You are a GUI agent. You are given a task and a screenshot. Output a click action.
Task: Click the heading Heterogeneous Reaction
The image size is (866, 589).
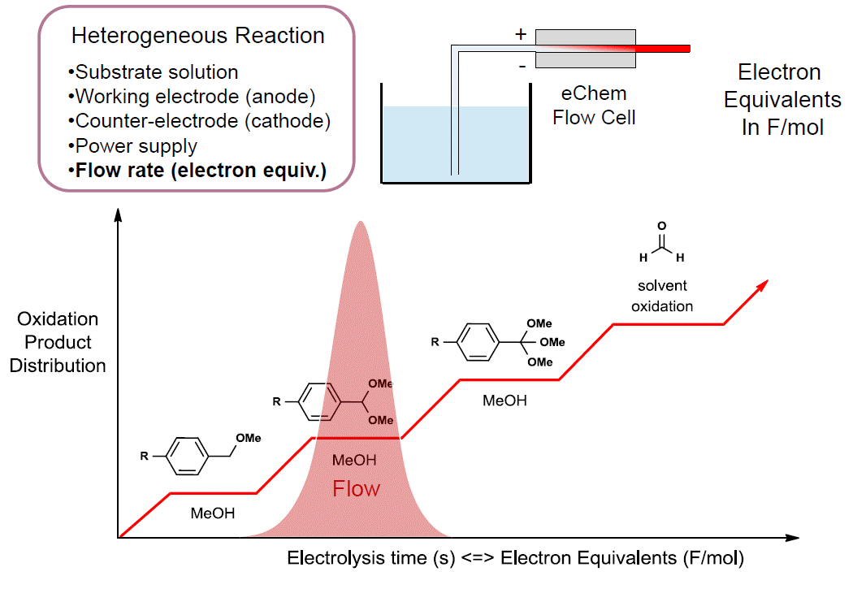point(197,37)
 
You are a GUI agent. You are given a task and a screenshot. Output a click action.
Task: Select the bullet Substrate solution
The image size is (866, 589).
point(155,72)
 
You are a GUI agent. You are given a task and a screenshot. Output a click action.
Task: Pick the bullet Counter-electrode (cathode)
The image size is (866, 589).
point(201,121)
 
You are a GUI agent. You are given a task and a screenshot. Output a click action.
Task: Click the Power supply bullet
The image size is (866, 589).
point(134,146)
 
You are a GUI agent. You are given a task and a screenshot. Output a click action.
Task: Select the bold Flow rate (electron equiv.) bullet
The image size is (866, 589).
point(199,171)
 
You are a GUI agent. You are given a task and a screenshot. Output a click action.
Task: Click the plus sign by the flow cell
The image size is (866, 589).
point(521,35)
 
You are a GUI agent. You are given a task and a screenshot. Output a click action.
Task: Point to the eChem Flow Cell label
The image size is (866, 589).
point(594,106)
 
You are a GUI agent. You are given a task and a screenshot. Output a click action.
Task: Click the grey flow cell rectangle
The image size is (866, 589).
point(585,49)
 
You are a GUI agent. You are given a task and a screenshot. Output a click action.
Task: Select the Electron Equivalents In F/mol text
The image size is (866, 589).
point(782,100)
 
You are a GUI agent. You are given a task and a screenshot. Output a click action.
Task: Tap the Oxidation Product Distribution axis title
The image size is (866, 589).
point(58,342)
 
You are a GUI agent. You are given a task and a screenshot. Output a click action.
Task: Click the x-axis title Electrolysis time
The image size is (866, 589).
point(515,559)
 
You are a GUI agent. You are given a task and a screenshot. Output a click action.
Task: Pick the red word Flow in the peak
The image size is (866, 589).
point(357,489)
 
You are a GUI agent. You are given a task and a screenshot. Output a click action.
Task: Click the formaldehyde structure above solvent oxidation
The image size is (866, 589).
point(662,245)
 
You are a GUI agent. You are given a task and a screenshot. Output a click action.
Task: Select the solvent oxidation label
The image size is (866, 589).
point(662,296)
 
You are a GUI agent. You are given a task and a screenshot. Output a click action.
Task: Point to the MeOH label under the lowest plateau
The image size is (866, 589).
point(213,513)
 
